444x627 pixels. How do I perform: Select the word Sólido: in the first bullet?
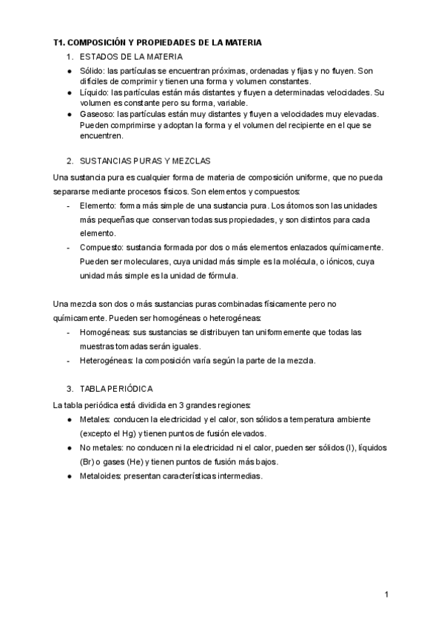click(x=92, y=71)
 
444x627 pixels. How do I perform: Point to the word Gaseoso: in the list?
click(x=97, y=114)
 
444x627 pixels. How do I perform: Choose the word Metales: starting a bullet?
click(x=95, y=419)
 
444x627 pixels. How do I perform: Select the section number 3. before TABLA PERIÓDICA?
click(x=70, y=388)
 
